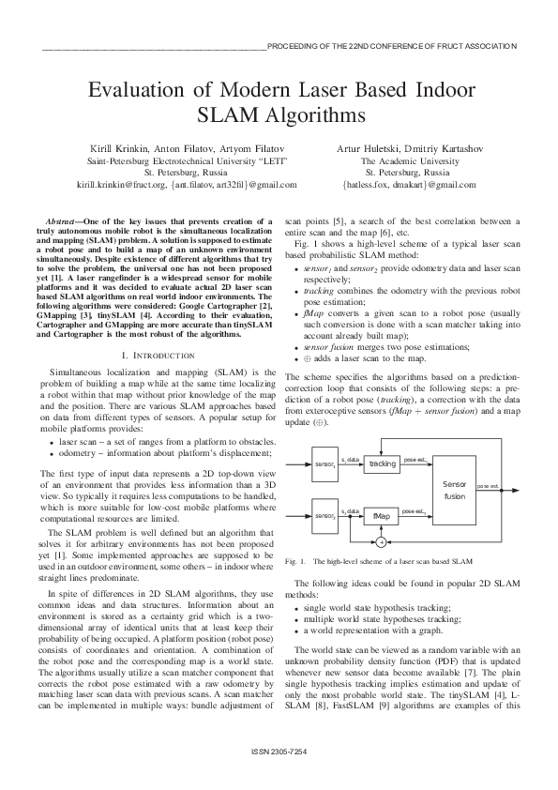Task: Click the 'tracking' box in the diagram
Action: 381,464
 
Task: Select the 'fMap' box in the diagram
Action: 381,517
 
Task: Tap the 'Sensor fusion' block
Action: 454,488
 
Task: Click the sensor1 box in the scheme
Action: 324,464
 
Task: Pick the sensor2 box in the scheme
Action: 324,517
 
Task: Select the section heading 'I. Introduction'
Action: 158,329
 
